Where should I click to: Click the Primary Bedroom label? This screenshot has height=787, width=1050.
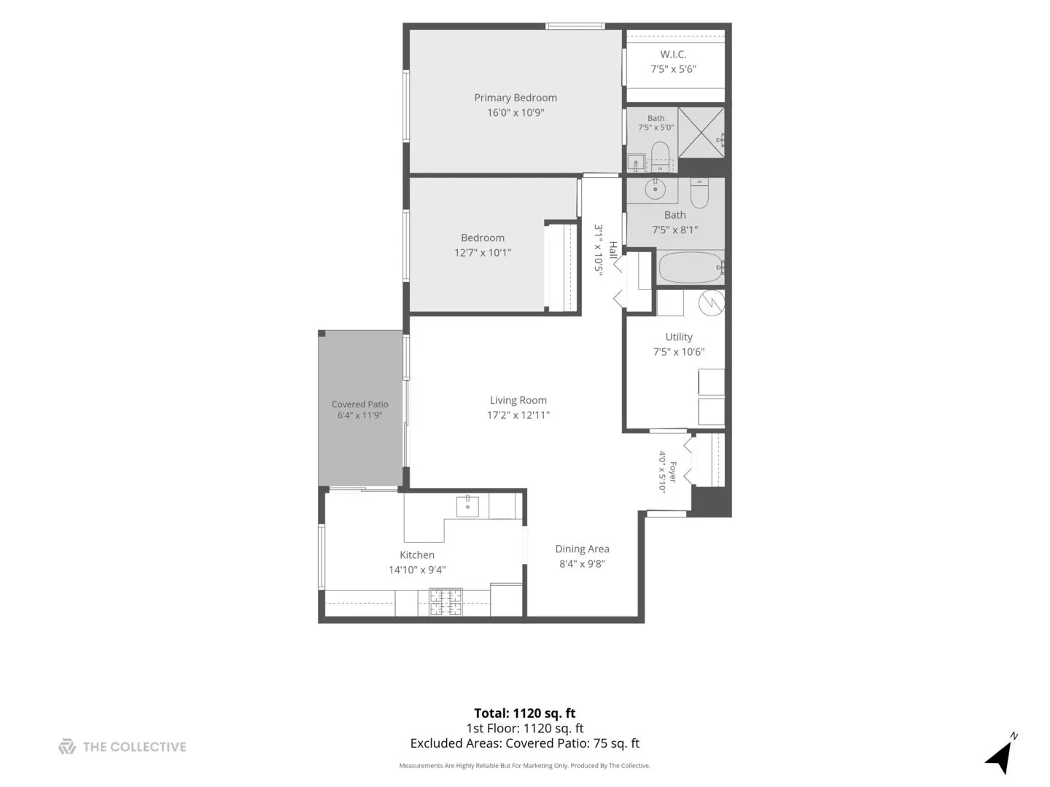tap(516, 98)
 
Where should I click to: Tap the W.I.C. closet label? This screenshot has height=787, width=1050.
tap(673, 55)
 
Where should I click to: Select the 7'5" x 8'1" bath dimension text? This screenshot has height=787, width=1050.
tap(675, 230)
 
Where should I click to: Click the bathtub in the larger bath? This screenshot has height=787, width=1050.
tap(691, 267)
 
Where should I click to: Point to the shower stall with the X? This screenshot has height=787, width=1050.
tap(701, 133)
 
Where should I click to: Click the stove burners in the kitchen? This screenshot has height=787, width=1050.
tap(446, 602)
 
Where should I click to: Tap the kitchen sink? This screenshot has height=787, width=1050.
tap(467, 506)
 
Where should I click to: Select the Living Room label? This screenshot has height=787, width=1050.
tap(518, 401)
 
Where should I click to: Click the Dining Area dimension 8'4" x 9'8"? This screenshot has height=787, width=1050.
tap(582, 564)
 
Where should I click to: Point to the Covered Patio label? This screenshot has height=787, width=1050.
tap(359, 404)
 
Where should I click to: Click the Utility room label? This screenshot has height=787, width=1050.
tap(679, 337)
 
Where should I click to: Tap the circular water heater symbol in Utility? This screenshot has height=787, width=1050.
tap(712, 302)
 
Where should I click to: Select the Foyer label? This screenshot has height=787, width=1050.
tap(672, 471)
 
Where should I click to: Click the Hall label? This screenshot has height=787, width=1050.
tap(612, 250)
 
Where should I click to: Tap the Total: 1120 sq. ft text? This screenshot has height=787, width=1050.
tap(525, 713)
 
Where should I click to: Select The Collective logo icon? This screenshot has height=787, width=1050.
tap(67, 747)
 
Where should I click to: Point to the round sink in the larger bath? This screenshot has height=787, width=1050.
tap(655, 189)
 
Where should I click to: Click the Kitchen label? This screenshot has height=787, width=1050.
tap(417, 555)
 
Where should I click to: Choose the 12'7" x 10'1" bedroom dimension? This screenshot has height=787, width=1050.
tap(483, 253)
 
